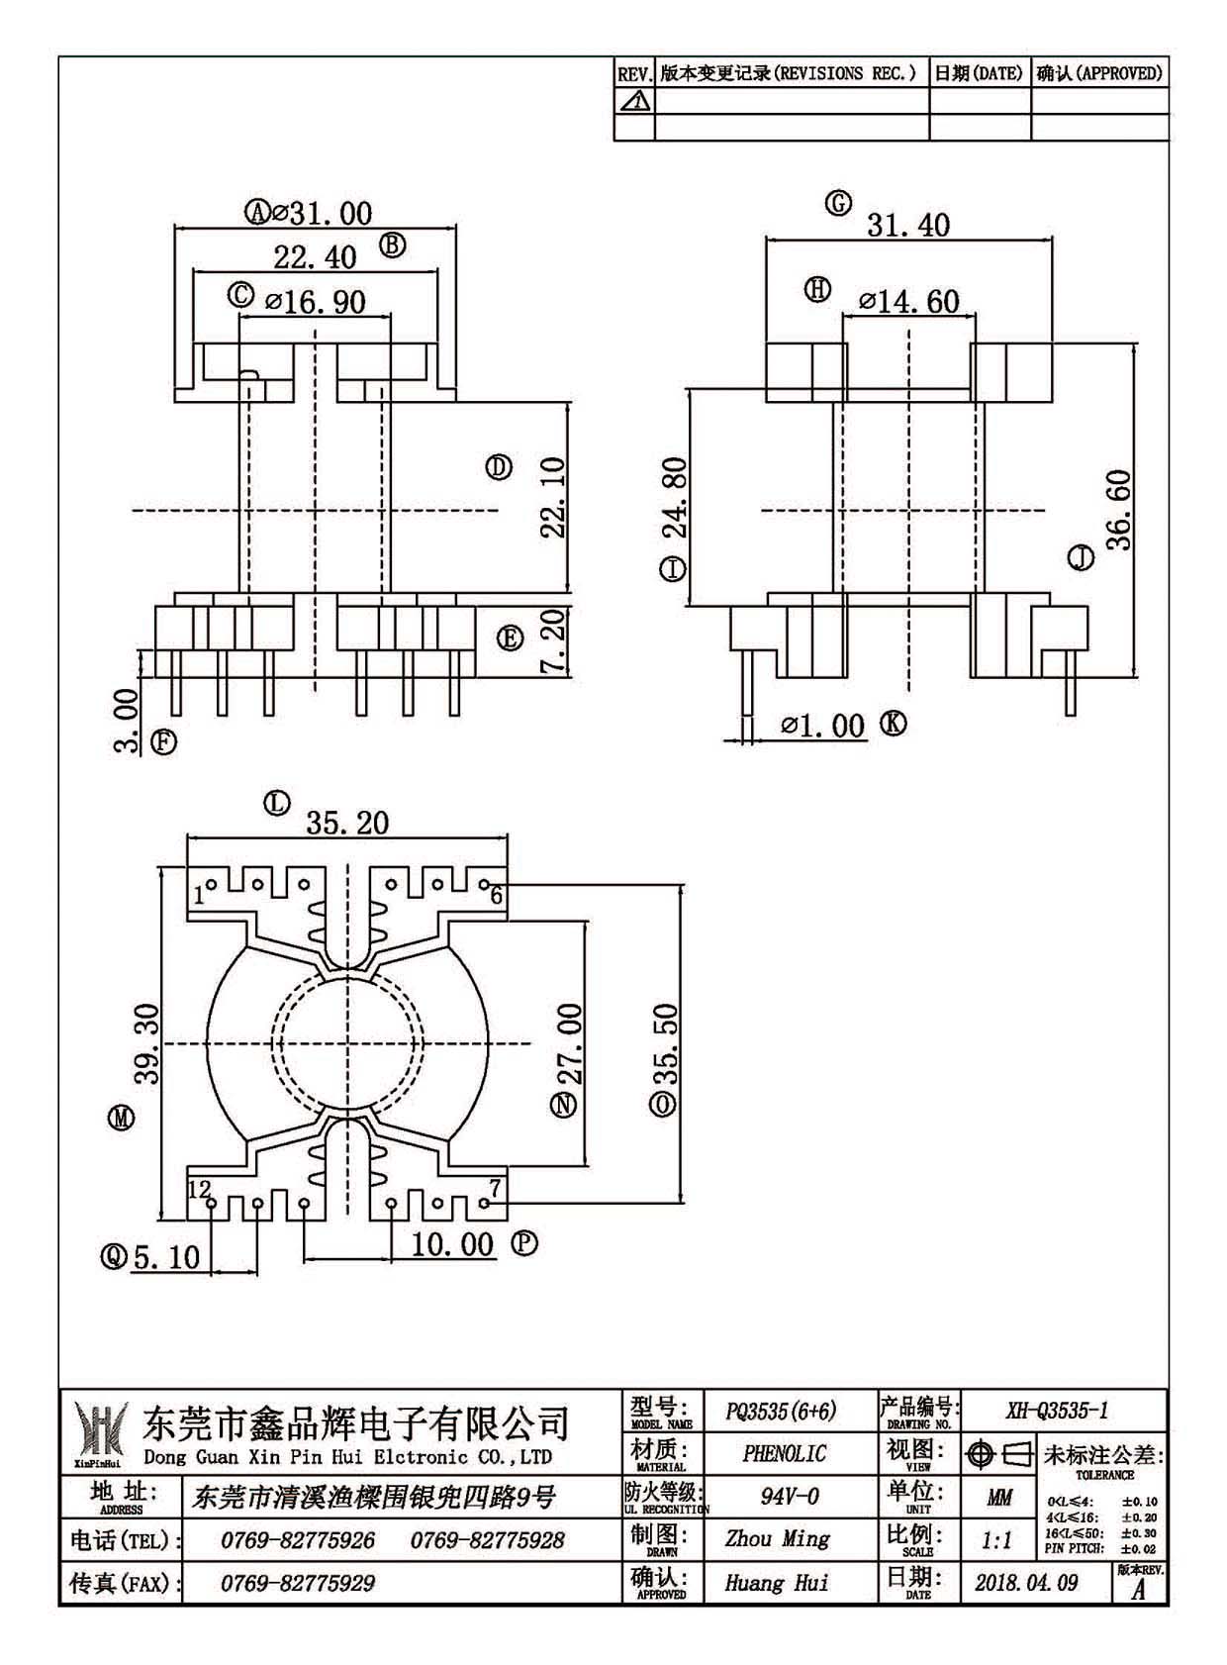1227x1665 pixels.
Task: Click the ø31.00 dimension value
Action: pyautogui.click(x=321, y=214)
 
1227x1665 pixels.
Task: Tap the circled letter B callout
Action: pyautogui.click(x=393, y=245)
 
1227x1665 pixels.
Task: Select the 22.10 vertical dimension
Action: pyautogui.click(x=554, y=497)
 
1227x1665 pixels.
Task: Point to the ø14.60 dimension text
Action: pyautogui.click(x=909, y=302)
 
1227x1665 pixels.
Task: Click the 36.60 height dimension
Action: pyautogui.click(x=1118, y=509)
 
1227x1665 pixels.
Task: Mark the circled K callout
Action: pyautogui.click(x=894, y=724)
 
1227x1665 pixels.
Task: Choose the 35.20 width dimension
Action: pyautogui.click(x=347, y=823)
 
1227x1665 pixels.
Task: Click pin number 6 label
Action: pyautogui.click(x=497, y=895)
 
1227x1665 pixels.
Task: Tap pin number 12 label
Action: pyautogui.click(x=200, y=1189)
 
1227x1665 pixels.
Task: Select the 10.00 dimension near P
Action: pyautogui.click(x=452, y=1243)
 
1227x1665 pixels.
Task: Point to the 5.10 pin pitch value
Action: pyautogui.click(x=166, y=1258)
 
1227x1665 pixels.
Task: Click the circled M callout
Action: pyautogui.click(x=122, y=1118)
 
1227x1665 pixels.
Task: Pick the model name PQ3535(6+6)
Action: pyautogui.click(x=781, y=1410)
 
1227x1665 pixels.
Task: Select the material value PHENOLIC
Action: pyautogui.click(x=784, y=1453)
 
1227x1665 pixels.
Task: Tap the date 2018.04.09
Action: pyautogui.click(x=1026, y=1583)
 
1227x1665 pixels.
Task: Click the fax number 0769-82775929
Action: pyautogui.click(x=298, y=1583)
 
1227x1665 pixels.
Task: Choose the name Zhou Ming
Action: pyautogui.click(x=777, y=1539)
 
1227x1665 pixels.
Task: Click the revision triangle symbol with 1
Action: pyautogui.click(x=634, y=101)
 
